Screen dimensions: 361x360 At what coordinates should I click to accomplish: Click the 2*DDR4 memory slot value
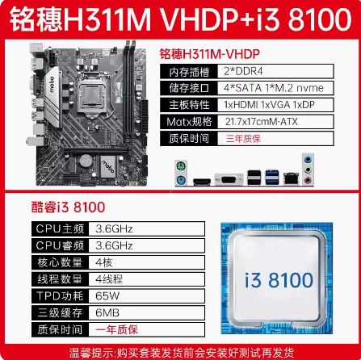coord(243,71)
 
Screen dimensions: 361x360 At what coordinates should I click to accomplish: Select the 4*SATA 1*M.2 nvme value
coord(274,88)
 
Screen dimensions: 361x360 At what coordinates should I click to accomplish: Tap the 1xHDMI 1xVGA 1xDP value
coord(269,105)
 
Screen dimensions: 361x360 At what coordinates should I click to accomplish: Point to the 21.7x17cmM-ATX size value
coord(262,122)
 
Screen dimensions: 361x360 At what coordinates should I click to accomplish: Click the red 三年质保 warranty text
coord(243,139)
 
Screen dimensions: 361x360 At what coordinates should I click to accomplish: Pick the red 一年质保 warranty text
coord(117,329)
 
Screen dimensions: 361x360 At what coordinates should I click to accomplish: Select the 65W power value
coord(107,296)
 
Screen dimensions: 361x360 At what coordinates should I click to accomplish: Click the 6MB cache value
coord(107,312)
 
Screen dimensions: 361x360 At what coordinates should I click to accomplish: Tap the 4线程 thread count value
coord(109,279)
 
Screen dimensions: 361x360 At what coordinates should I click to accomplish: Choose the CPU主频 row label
coord(60,229)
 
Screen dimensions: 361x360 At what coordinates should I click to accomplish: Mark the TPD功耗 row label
coord(60,296)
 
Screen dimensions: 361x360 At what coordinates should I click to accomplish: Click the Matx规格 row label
coord(189,122)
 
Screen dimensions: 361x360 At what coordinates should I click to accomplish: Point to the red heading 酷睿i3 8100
coord(68,207)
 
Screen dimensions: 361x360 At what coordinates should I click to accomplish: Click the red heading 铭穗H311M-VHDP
coord(209,54)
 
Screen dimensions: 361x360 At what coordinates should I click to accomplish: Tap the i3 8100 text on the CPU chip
coord(279,280)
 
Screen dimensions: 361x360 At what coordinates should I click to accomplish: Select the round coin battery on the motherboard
coord(86,161)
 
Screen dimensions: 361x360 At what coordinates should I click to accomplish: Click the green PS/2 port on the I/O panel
coord(181,166)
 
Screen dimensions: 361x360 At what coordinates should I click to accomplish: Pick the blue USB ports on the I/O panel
coord(272,177)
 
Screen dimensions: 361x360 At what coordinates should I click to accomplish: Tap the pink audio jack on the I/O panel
coord(308,180)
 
